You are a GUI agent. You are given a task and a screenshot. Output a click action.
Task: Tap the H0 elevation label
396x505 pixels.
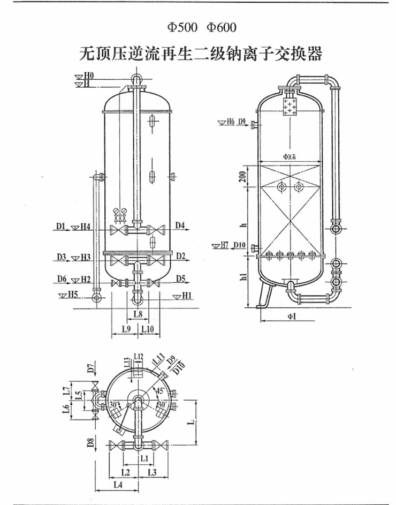click(x=89, y=76)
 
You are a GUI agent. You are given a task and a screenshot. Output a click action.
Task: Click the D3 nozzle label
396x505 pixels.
click(x=60, y=258)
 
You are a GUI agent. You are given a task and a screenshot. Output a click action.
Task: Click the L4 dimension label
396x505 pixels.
click(x=118, y=485)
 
